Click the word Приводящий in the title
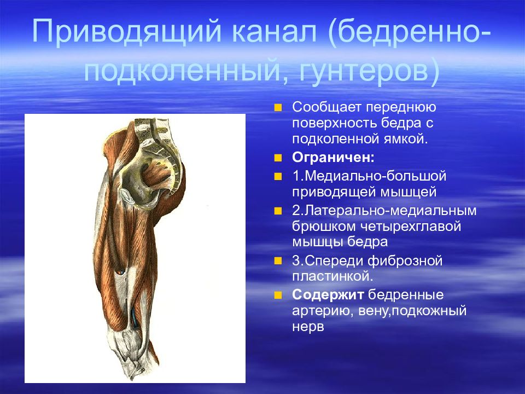point(126,33)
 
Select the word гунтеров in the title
point(363,72)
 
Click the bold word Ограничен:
point(333,157)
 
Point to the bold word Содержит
point(328,295)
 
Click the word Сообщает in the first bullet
point(327,107)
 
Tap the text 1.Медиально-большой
point(369,176)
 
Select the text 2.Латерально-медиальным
point(384,210)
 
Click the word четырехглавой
point(411,226)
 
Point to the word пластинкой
point(332,276)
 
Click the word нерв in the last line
point(308,327)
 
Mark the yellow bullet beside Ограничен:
point(278,158)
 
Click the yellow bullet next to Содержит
point(278,295)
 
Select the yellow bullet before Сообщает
point(278,108)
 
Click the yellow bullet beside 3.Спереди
point(278,261)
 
